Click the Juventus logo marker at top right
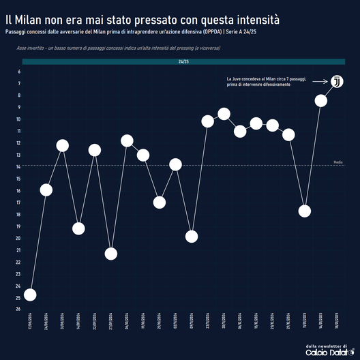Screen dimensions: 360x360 (x=337, y=82)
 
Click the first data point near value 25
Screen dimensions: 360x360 (x=30, y=295)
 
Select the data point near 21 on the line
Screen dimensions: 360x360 (x=111, y=254)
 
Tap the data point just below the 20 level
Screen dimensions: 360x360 (x=192, y=236)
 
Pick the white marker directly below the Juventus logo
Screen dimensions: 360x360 (x=321, y=100)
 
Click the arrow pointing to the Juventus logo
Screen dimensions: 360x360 (x=319, y=82)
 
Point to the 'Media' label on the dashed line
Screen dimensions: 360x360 (x=337, y=162)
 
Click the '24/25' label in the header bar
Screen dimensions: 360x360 (x=183, y=62)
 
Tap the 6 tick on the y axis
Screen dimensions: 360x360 (x=18, y=72)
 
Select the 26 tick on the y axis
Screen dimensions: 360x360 (x=18, y=310)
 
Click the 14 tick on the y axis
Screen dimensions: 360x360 (x=18, y=166)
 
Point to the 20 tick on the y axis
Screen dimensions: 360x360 (x=18, y=238)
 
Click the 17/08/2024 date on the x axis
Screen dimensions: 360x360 (x=30, y=322)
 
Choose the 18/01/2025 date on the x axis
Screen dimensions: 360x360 (x=337, y=322)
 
